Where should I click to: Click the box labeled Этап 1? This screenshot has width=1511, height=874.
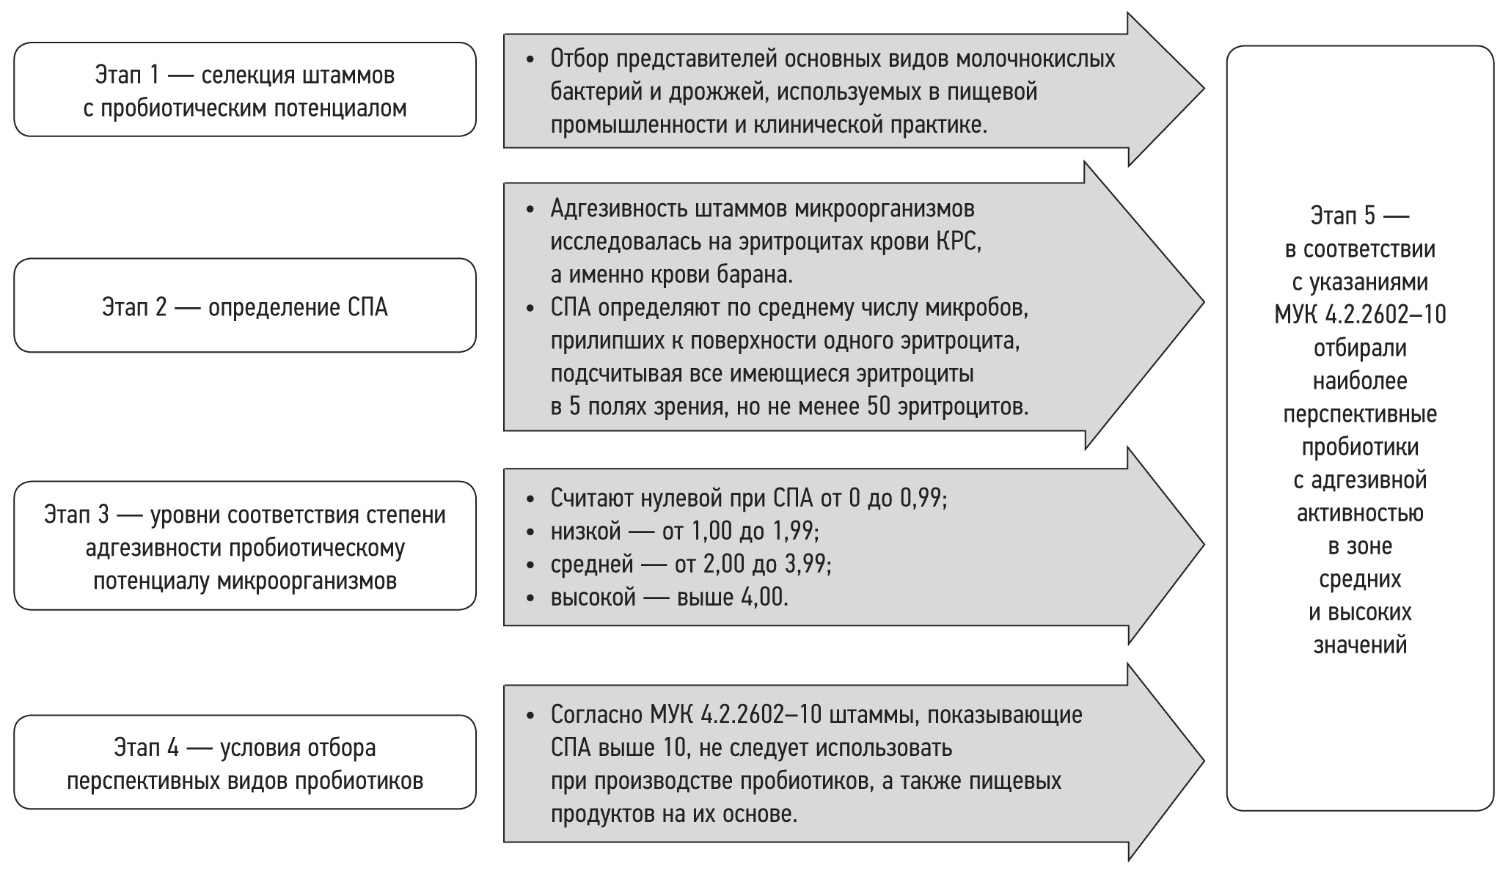pyautogui.click(x=244, y=90)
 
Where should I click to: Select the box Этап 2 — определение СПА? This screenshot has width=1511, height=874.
pyautogui.click(x=244, y=306)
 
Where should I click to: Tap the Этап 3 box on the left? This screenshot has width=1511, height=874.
pyautogui.click(x=244, y=546)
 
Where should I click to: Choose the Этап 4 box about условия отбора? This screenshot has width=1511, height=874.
pyautogui.click(x=244, y=763)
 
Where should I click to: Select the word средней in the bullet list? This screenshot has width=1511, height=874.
pyautogui.click(x=591, y=565)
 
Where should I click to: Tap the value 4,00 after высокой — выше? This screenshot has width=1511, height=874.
pyautogui.click(x=764, y=598)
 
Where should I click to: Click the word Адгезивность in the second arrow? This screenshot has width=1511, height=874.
pyautogui.click(x=616, y=209)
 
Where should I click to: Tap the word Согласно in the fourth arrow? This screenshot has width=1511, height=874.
pyautogui.click(x=596, y=715)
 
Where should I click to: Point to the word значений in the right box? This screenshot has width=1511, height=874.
pyautogui.click(x=1360, y=645)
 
